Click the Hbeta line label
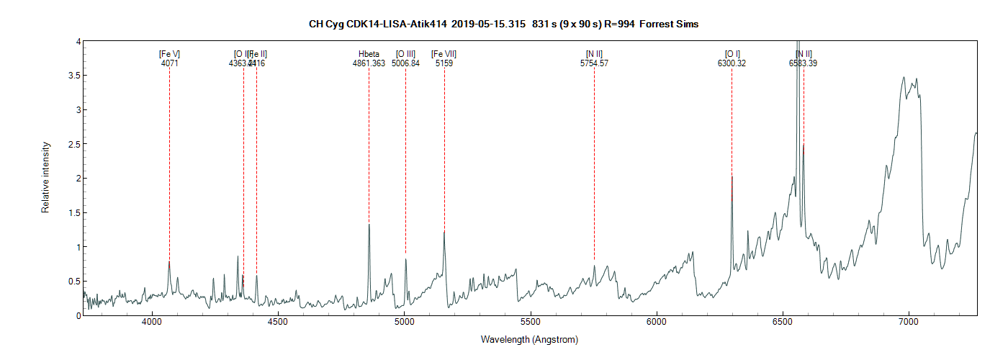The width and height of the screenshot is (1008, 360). coord(369,54)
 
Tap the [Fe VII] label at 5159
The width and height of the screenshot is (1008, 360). coord(444,54)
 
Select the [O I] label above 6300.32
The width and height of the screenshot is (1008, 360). coord(732,54)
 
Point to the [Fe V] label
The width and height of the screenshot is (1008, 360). coord(169,54)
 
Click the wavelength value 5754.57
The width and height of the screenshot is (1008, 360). coord(594,63)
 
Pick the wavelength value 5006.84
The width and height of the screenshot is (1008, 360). coord(405,63)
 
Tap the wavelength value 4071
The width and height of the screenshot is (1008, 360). coord(169,63)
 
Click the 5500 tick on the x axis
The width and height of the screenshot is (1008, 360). coord(530,324)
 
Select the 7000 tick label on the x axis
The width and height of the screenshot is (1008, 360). coord(909,324)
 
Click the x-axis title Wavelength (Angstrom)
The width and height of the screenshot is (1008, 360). coord(529,340)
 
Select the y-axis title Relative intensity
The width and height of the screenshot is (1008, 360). coord(45,177)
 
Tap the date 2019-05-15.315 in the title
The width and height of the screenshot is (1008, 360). coord(489,24)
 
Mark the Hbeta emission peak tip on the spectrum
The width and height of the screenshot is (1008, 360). coord(369,225)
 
